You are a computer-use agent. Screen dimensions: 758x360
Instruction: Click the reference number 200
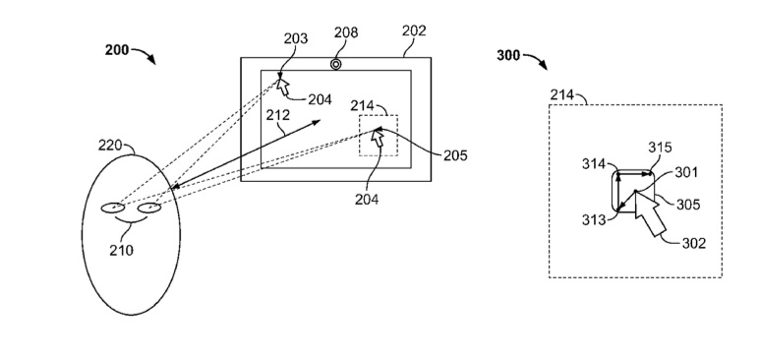tap(117, 50)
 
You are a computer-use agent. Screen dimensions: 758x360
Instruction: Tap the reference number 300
tap(508, 56)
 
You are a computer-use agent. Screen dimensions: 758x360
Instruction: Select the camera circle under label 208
tap(335, 64)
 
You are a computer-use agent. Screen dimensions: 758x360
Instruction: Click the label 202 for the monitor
tap(414, 30)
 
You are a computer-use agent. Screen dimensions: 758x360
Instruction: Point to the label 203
tap(295, 38)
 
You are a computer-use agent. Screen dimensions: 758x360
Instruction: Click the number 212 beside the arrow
tap(278, 115)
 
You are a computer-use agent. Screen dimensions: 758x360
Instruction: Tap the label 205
tap(455, 155)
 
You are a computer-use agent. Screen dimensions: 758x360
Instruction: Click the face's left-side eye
tap(113, 208)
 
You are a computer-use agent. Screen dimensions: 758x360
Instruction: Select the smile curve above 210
tap(131, 220)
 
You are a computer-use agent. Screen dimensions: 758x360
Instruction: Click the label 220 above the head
tap(110, 146)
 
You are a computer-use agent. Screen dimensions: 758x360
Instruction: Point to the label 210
tap(121, 250)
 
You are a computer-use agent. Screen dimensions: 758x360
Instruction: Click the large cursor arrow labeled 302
tap(650, 213)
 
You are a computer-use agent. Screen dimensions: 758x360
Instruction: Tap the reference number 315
tap(661, 148)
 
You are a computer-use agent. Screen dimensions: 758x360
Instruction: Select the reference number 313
tap(594, 219)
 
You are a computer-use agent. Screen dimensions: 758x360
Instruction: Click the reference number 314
tap(594, 164)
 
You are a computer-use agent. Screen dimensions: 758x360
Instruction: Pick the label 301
tap(686, 171)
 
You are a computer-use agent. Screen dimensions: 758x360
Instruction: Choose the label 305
tap(688, 205)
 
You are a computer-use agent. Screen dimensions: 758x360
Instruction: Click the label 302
tap(694, 243)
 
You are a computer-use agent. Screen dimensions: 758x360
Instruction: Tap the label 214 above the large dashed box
tap(562, 94)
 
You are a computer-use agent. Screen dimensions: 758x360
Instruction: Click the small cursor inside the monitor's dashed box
tap(378, 138)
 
